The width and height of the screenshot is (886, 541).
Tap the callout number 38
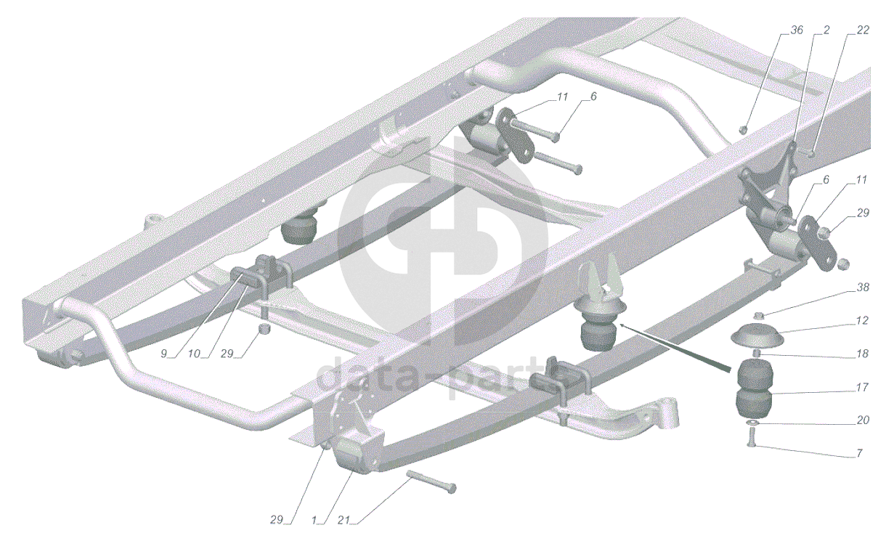click(x=863, y=288)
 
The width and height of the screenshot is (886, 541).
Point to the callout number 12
click(x=863, y=320)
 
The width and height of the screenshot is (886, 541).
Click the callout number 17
click(x=863, y=387)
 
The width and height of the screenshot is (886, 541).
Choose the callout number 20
click(x=863, y=420)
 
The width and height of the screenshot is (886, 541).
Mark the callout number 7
click(x=859, y=453)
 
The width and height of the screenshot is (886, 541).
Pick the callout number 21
click(x=344, y=521)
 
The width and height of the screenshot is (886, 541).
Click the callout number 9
click(x=163, y=354)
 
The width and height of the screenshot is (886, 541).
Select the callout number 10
click(x=194, y=354)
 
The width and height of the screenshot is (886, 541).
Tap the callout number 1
click(x=314, y=521)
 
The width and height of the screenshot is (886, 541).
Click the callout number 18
click(x=863, y=354)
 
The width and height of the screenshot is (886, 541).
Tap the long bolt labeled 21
click(x=431, y=481)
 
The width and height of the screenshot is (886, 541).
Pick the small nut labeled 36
click(x=743, y=129)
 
